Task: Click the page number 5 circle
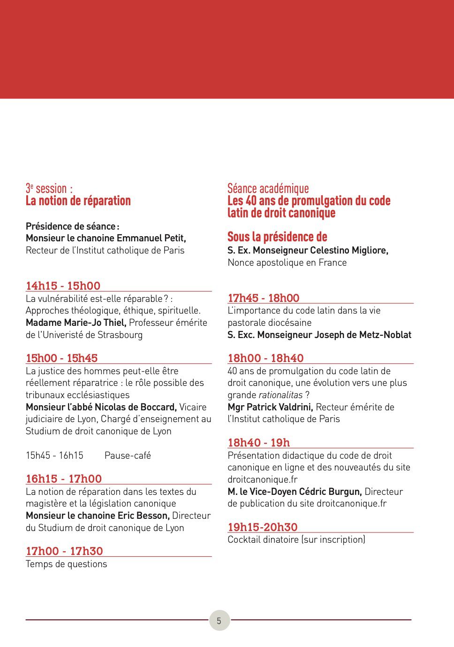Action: coord(219,620)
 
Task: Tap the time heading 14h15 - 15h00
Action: coord(63,285)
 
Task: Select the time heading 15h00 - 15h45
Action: coord(61,358)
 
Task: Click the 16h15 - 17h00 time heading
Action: coord(64,478)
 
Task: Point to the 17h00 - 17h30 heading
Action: coord(64,551)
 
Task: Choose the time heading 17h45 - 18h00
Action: coord(263,298)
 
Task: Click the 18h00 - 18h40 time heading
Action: coord(265,358)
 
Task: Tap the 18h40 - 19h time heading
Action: coord(258,442)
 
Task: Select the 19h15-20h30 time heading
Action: coord(263,527)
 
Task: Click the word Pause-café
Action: coord(128,455)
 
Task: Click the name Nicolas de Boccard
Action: coord(136,407)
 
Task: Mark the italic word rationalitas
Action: coord(280,395)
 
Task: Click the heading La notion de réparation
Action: coord(78,201)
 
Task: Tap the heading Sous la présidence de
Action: coord(277,237)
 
